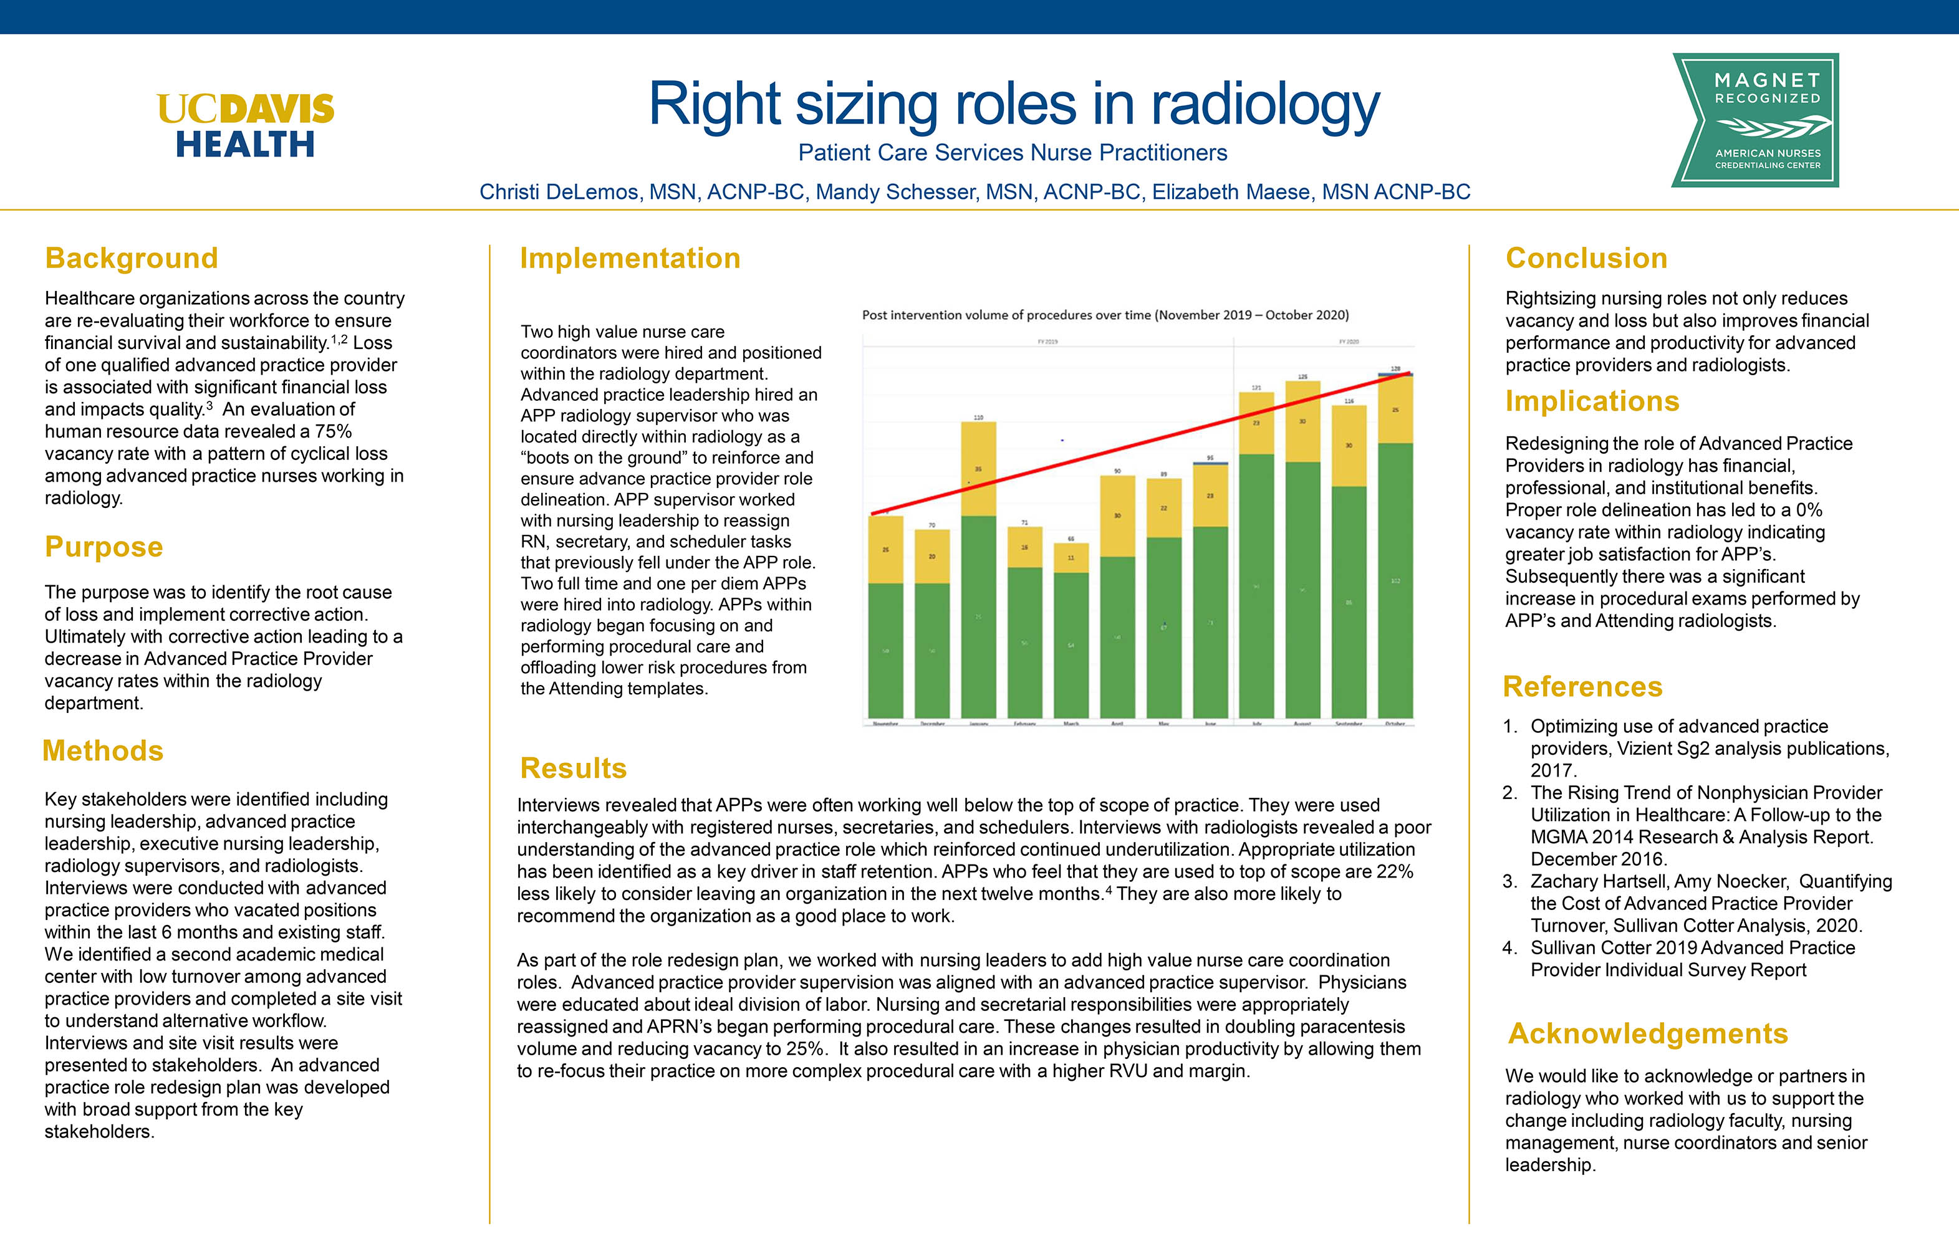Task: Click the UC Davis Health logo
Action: point(245,125)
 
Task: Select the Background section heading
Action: point(132,258)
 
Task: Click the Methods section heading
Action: point(103,750)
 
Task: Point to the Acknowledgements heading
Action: point(1647,1033)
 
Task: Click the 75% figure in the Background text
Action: point(333,432)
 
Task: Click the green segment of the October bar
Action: point(1395,580)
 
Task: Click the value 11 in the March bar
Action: point(1071,558)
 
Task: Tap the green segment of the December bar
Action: point(932,650)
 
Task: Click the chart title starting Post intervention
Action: point(1105,315)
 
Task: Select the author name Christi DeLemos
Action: point(559,192)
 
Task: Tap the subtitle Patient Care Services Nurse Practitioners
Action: point(1012,153)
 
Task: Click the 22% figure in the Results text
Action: point(1395,871)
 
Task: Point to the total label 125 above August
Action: point(1302,377)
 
